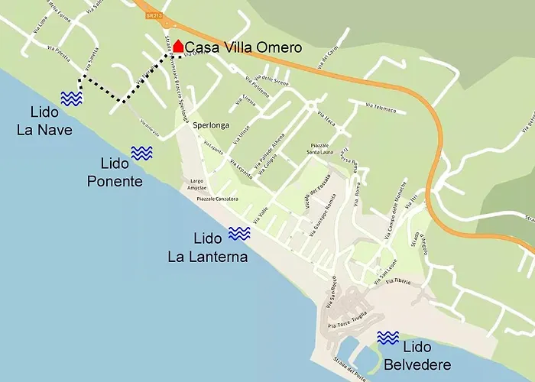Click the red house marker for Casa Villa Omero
[177, 47]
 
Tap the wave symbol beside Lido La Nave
[72, 99]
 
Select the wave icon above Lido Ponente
[141, 153]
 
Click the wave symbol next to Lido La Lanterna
[239, 234]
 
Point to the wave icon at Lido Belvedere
[388, 338]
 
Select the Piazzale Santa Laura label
[324, 148]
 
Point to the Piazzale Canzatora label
[217, 199]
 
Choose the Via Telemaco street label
[381, 109]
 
